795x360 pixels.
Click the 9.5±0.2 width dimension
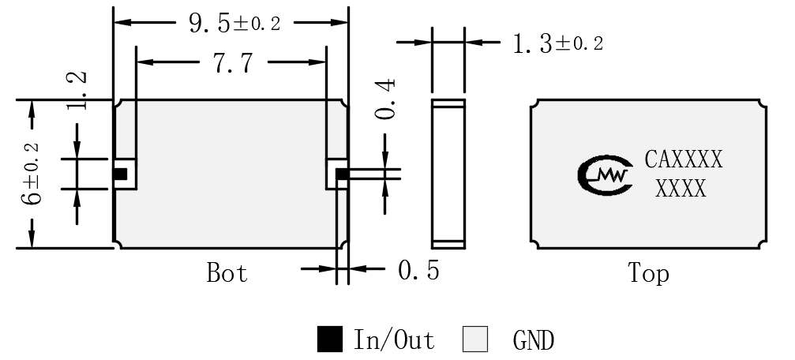[234, 23]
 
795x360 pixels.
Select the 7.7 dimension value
[233, 63]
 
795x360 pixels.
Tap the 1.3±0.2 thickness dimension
[557, 43]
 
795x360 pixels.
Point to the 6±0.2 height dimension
[31, 174]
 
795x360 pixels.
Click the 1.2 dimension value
[77, 90]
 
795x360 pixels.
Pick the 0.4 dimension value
[385, 99]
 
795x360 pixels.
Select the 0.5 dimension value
[418, 270]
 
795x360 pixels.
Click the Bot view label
[227, 272]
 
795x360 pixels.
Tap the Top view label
[648, 273]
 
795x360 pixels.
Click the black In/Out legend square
[329, 339]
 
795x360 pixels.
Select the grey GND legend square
[475, 339]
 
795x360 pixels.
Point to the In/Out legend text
[394, 339]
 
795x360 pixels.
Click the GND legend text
[534, 339]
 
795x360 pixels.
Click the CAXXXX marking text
[684, 159]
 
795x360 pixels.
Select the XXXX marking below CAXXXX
[681, 189]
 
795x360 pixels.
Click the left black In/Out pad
[120, 174]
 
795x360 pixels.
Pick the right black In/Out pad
[342, 174]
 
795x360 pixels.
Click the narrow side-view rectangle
[448, 174]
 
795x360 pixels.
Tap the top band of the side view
[448, 103]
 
